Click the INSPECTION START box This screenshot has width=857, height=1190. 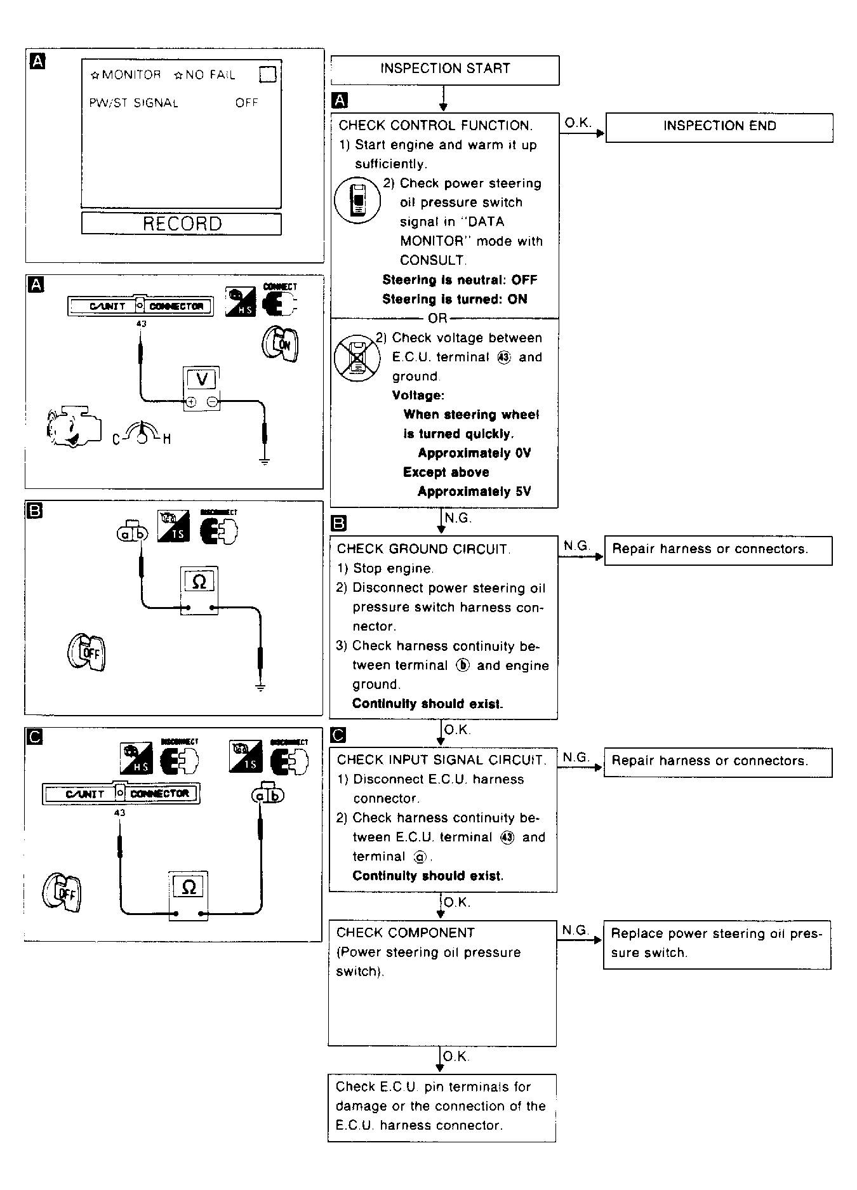(x=444, y=69)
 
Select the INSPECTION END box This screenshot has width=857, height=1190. (x=719, y=126)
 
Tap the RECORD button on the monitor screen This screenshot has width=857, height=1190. (x=182, y=224)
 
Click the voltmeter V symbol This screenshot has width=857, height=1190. (x=202, y=380)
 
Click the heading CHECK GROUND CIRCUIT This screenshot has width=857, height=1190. (x=423, y=549)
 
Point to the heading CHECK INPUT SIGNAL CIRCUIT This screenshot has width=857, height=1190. (x=441, y=760)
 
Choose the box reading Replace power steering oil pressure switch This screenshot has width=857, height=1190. (x=717, y=944)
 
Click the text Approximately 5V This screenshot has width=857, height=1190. (x=474, y=491)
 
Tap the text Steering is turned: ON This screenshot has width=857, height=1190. (x=455, y=299)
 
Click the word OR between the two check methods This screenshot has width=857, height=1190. (x=438, y=318)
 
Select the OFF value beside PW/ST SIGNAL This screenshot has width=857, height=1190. (x=246, y=103)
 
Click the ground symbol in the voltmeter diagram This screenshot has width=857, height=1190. (x=265, y=460)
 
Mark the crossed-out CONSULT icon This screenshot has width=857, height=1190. (x=357, y=359)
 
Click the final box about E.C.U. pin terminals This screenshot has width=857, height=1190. (x=441, y=1106)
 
